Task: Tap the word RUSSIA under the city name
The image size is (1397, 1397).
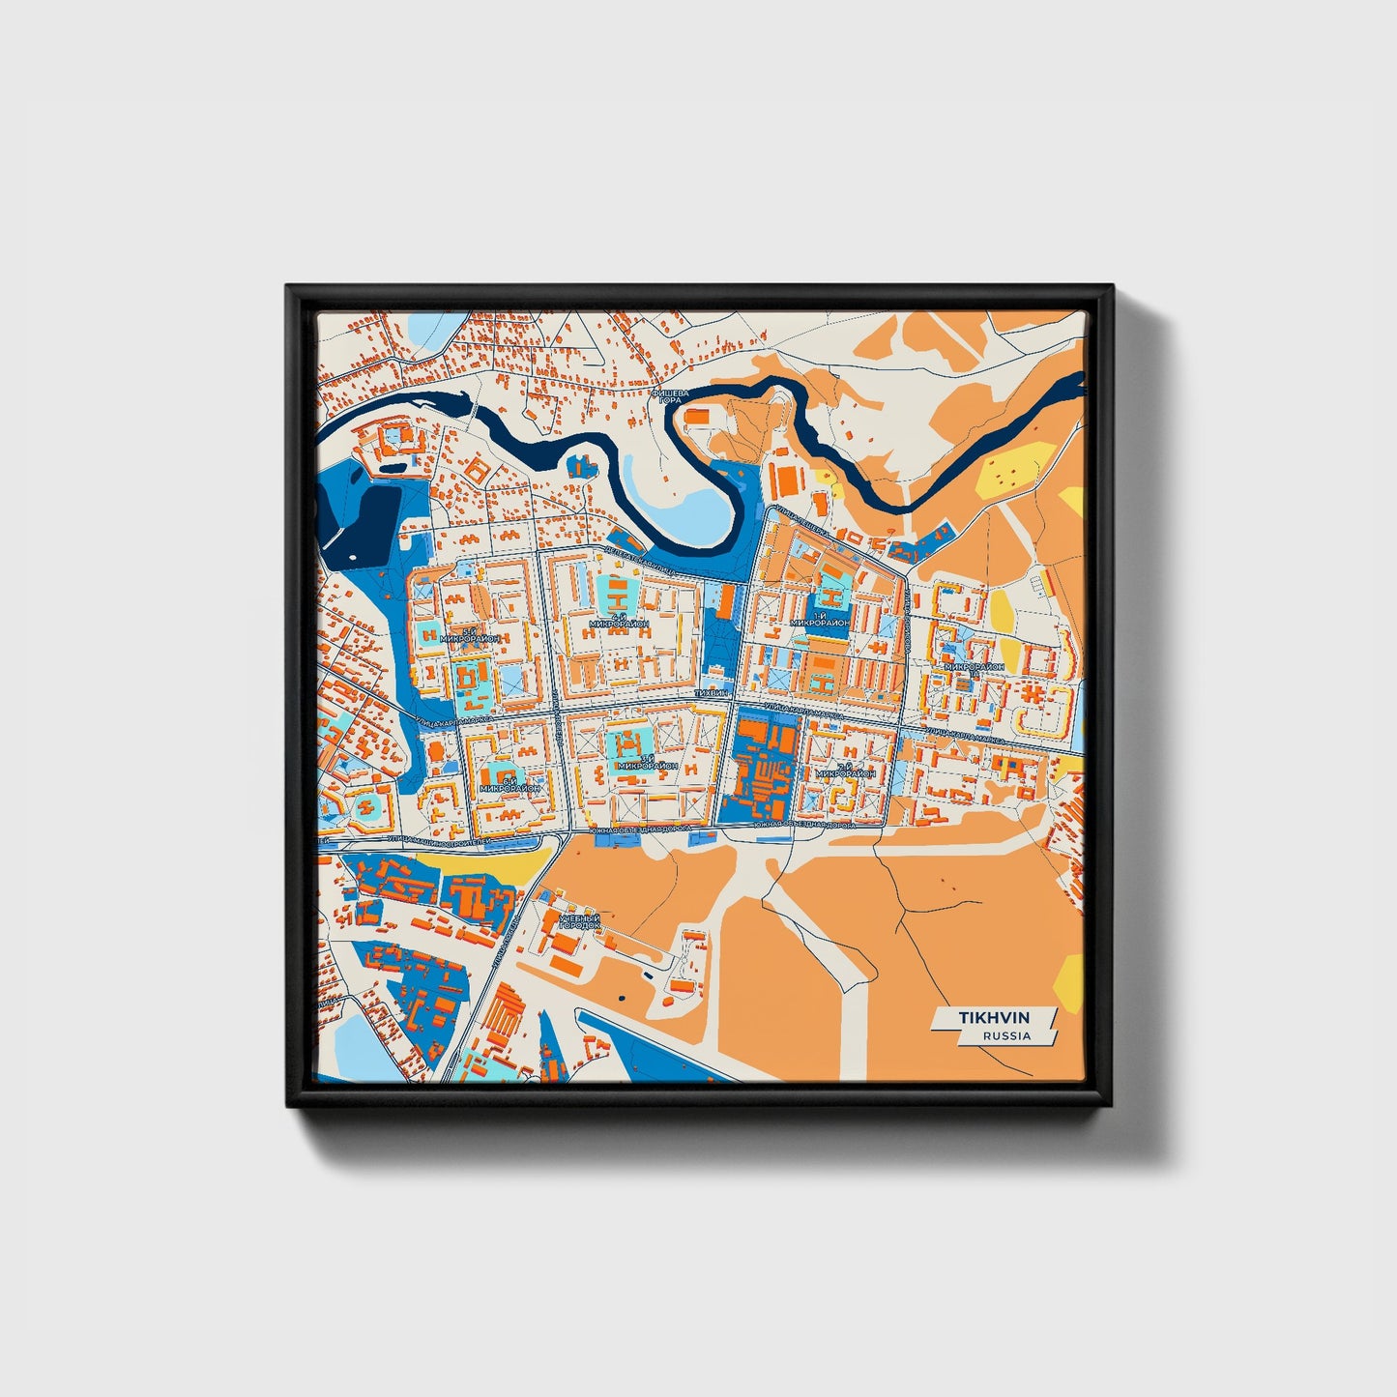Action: pos(1006,1035)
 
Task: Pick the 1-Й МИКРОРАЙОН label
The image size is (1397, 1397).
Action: pos(819,620)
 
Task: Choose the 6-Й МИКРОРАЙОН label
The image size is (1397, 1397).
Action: pos(509,784)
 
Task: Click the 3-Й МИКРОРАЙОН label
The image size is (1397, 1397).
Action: pos(647,763)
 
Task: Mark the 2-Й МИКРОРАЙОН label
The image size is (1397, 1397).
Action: pos(845,771)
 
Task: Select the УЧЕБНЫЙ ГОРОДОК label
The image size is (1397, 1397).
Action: pos(578,921)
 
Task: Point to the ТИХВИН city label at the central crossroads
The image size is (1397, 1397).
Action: pos(712,694)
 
